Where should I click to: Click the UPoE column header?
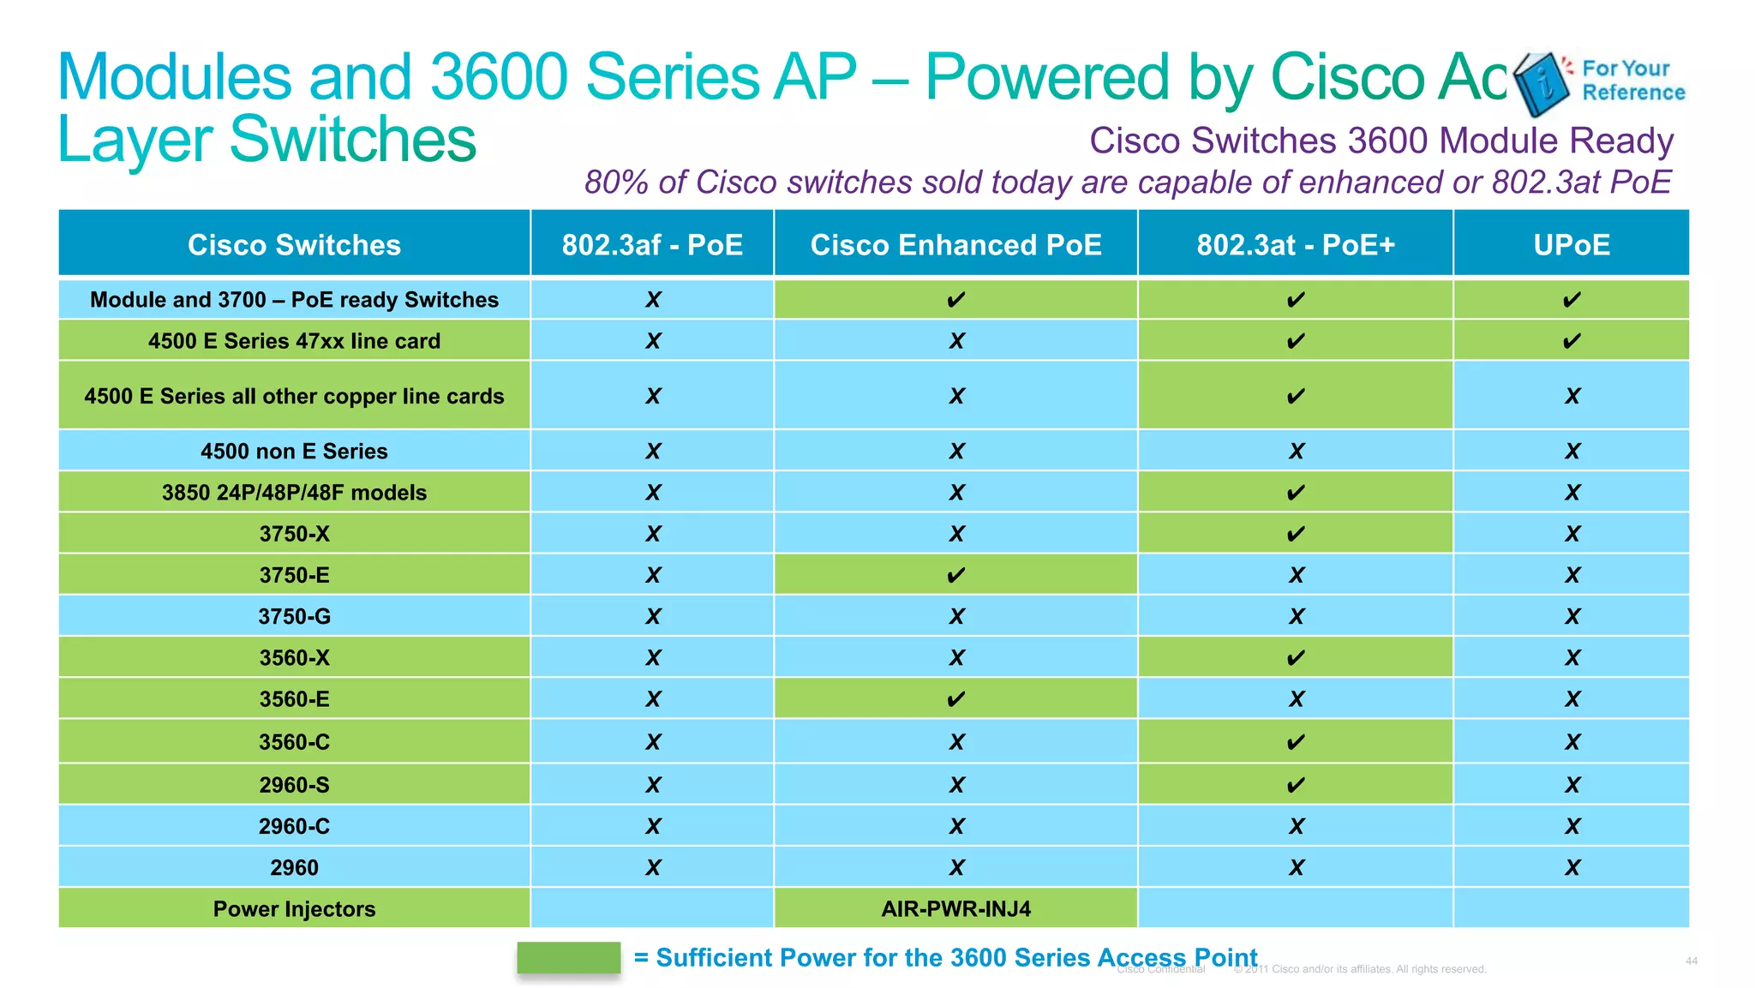[1572, 245]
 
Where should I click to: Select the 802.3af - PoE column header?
[652, 245]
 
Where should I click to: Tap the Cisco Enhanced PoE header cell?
[955, 245]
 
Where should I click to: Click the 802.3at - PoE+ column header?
[1296, 245]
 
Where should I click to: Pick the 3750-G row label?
[294, 617]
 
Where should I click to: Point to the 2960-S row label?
[294, 785]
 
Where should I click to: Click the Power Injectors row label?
[294, 909]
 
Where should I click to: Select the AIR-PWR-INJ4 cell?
[955, 909]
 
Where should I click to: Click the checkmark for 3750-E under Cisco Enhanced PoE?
[955, 576]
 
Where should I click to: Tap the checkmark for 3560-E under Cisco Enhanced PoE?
[955, 700]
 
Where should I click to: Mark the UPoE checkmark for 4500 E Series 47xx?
[1572, 342]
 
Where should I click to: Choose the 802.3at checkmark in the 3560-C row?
[1296, 742]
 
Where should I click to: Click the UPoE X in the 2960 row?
[1572, 868]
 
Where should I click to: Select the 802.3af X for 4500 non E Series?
[653, 452]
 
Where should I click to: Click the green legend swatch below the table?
[568, 958]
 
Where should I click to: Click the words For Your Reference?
[1632, 81]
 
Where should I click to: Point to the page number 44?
[1691, 961]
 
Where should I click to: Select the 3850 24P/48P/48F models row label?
[294, 493]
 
